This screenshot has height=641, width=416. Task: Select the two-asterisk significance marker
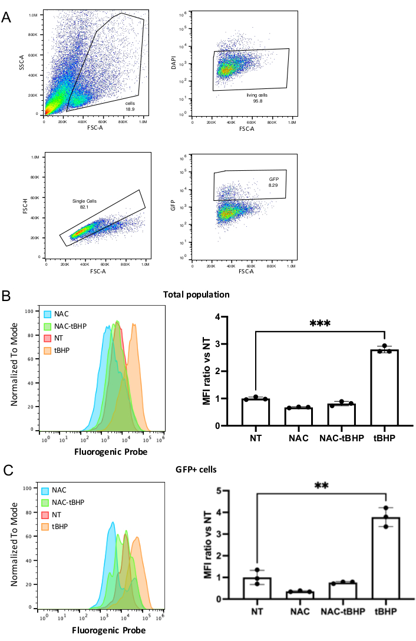pos(321,487)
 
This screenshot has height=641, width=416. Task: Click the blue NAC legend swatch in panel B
pos(47,314)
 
